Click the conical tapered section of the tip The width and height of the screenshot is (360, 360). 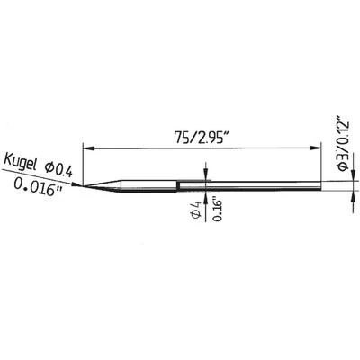click(x=103, y=186)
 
